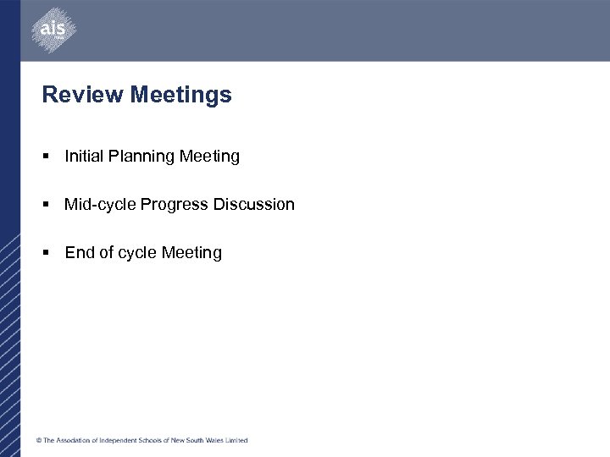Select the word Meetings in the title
click(x=180, y=95)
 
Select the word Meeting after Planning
click(x=209, y=157)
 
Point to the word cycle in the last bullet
click(x=136, y=253)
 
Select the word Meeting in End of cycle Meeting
click(x=191, y=253)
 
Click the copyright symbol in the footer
click(x=38, y=440)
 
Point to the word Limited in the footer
click(x=236, y=440)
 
